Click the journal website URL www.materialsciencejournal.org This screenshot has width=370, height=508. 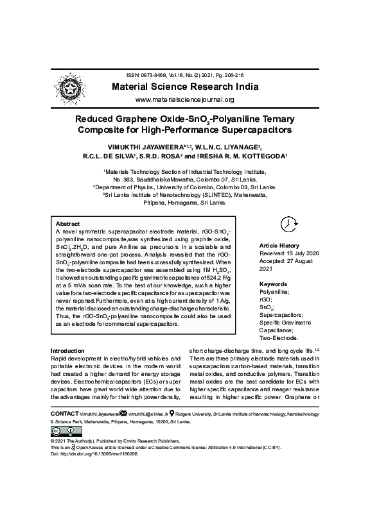click(184, 100)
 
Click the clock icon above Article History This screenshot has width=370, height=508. click(288, 223)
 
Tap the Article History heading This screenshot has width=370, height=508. click(279, 246)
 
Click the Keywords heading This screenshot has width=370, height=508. click(273, 284)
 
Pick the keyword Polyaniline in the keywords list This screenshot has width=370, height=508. click(274, 291)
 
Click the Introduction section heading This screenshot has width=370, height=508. click(67, 351)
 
